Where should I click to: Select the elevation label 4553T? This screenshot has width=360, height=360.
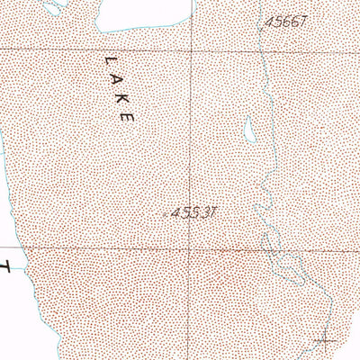click(x=196, y=212)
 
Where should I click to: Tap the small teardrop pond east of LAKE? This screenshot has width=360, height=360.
click(x=249, y=131)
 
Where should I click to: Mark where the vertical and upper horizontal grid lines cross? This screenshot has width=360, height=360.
click(x=190, y=50)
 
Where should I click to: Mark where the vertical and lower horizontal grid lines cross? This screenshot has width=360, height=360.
click(x=190, y=247)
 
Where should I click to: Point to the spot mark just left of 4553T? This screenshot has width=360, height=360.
click(x=170, y=214)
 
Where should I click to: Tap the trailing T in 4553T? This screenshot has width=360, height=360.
click(x=216, y=212)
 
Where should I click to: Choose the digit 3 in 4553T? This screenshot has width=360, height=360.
click(x=207, y=212)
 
